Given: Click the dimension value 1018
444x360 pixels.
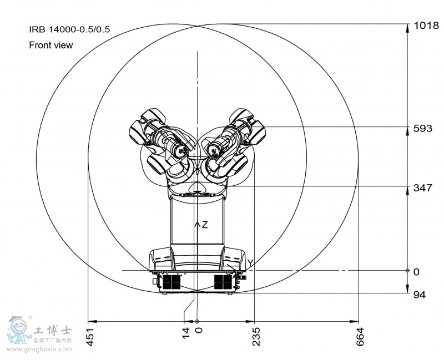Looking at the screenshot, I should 425,25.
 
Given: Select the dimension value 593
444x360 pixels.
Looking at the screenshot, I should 423,129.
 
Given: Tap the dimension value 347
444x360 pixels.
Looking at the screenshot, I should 423,188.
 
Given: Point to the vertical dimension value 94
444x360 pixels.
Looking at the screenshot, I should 420,295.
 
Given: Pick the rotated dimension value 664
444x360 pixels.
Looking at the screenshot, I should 360,337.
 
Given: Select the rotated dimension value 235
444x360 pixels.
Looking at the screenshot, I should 256,337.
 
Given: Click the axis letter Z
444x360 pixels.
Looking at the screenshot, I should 204,225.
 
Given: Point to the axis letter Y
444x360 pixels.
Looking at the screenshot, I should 250,263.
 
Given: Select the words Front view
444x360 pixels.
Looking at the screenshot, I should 51,45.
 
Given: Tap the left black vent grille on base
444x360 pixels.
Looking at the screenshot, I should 171,282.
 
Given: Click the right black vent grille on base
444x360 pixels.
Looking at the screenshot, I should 224,282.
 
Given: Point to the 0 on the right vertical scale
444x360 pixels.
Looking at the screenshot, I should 416,271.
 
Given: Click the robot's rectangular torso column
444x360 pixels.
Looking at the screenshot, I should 197,222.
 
